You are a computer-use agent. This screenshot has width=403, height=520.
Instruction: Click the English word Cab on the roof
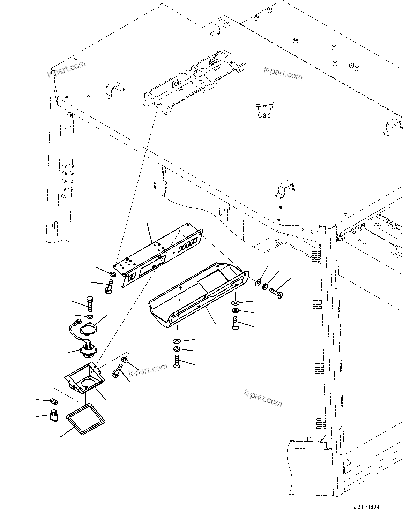(x=264, y=115)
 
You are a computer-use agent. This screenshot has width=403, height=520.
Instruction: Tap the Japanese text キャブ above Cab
(x=264, y=106)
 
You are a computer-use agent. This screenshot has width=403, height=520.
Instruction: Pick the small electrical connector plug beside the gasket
(x=54, y=415)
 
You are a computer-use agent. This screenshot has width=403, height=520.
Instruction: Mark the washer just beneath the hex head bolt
(x=90, y=317)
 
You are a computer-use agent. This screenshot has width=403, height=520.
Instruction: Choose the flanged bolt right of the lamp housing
(x=117, y=371)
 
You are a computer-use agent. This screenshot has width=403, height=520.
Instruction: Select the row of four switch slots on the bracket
(x=189, y=243)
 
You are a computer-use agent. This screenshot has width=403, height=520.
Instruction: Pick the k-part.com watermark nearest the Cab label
(x=283, y=73)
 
